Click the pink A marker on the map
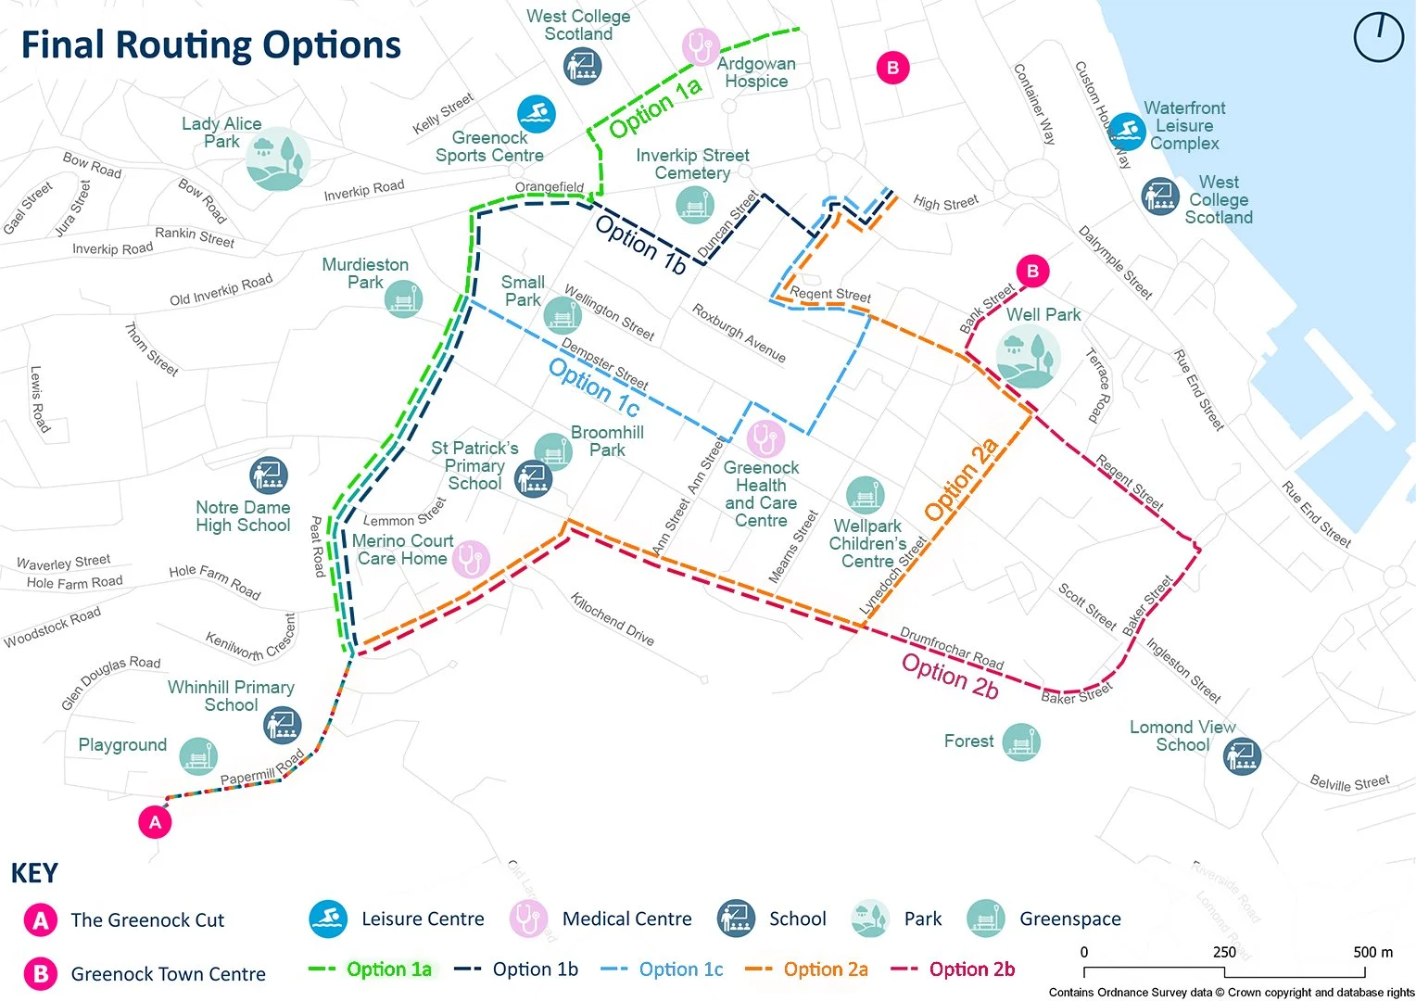155,822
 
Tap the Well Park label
1043,315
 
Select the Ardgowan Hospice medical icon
701,46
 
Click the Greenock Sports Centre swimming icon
536,114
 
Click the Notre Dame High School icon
269,475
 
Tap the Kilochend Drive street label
612,618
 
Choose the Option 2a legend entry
808,969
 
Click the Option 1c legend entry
663,969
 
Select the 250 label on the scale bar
1224,952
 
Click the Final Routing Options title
211,44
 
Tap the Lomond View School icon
1242,757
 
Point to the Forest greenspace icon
1020,742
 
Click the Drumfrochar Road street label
952,648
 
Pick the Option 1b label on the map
640,245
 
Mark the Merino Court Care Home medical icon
470,560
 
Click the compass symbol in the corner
1378,38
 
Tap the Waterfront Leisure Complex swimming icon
1127,132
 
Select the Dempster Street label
604,363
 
